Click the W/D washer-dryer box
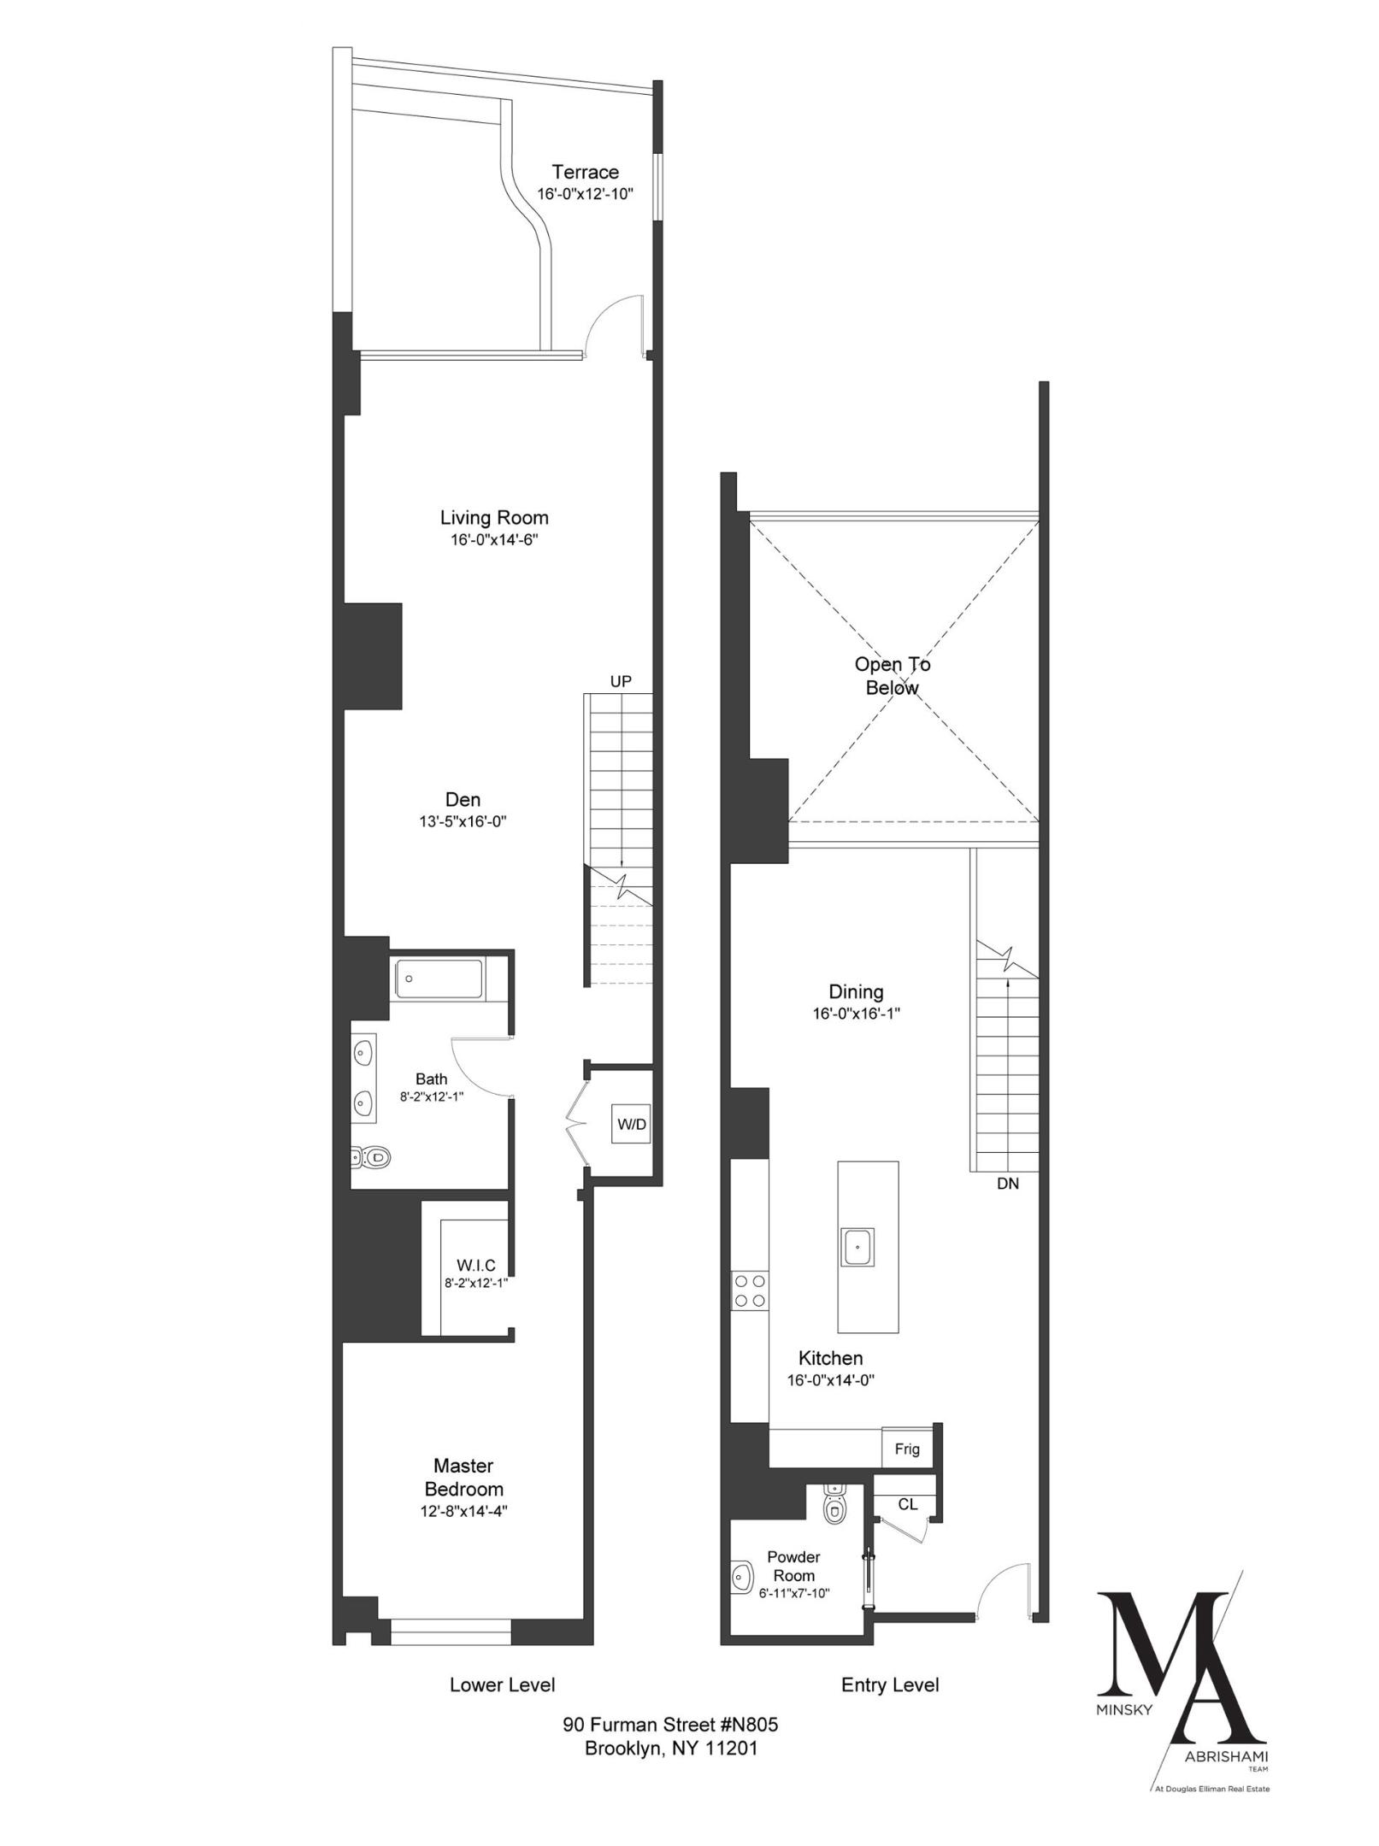pos(631,1124)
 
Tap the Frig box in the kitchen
pos(907,1449)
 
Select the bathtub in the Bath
pos(439,979)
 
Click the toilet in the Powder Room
pos(834,1507)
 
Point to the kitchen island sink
pos(857,1247)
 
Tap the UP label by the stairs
pos(621,681)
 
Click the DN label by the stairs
pos(1007,1184)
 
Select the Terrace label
pos(585,172)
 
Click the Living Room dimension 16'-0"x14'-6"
pos(494,540)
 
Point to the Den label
pos(463,799)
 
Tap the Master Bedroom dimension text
pos(464,1534)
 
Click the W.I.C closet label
pos(476,1265)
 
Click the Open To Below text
pos(893,676)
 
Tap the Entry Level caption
pos(890,1684)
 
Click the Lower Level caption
pos(502,1684)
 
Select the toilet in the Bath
pos(374,1158)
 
